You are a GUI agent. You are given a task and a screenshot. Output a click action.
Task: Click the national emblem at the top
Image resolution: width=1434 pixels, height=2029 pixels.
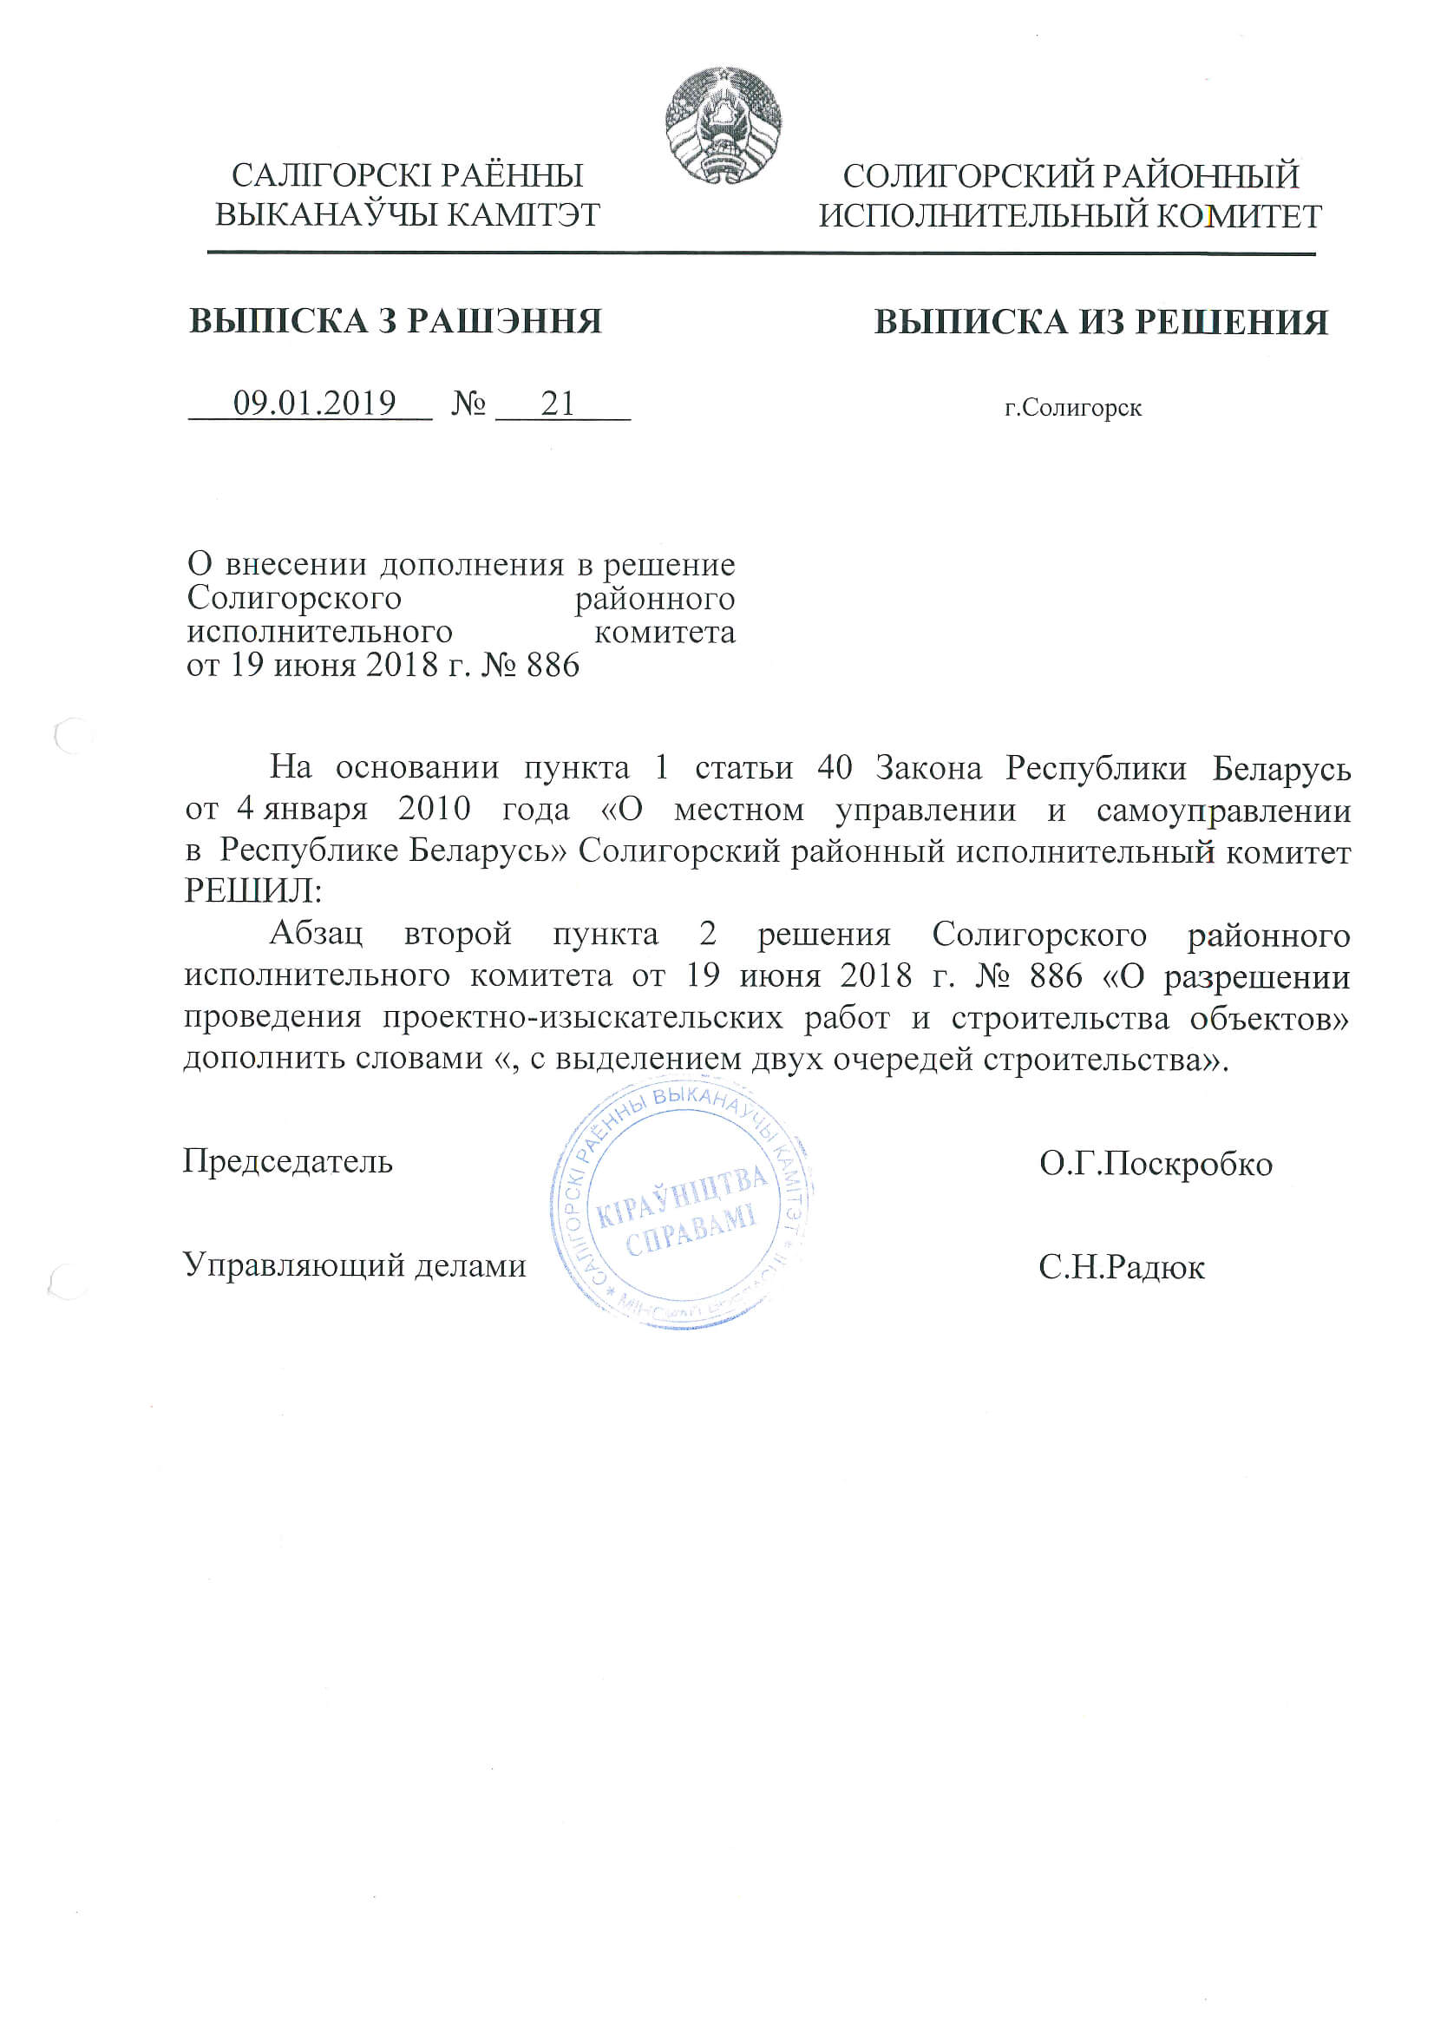723,126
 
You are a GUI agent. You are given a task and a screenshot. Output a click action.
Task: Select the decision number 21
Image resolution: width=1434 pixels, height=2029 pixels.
558,404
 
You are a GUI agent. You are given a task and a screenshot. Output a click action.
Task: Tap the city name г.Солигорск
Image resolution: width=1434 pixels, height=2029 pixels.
1072,408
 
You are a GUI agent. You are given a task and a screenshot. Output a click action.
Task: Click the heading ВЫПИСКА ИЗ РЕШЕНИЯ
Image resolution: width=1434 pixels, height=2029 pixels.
1101,323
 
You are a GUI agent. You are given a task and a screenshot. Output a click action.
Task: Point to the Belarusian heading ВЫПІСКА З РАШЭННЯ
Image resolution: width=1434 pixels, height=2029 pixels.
395,322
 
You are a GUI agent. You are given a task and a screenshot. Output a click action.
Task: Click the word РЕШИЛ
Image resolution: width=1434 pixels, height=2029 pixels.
252,890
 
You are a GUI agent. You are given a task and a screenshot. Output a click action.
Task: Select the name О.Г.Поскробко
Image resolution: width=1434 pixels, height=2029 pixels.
1156,1164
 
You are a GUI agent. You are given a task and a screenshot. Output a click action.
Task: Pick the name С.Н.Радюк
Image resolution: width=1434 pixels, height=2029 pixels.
1121,1267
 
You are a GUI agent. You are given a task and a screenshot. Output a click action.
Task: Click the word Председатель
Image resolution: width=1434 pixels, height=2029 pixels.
287,1161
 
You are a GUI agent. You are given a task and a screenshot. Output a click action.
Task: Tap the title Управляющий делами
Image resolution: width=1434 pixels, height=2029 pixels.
354,1265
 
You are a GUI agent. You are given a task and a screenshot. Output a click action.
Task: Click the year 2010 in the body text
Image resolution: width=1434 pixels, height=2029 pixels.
434,809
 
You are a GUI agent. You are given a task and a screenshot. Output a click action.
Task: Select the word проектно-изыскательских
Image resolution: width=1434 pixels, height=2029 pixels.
582,1018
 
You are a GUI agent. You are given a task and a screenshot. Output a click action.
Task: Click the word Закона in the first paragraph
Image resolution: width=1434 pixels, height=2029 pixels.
928,768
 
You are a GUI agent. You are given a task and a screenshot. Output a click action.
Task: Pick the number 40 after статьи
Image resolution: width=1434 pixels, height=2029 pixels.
834,768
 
